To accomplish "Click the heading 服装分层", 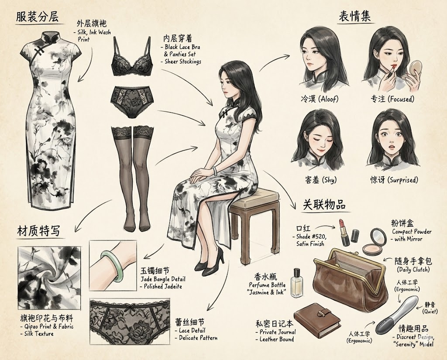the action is [x=37, y=17].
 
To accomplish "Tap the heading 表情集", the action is [x=354, y=17].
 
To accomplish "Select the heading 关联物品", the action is [x=324, y=205].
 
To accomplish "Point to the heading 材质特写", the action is [x=39, y=231].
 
